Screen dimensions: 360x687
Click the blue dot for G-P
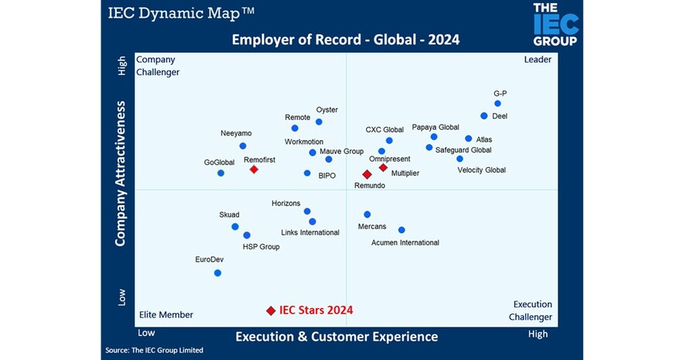coord(497,103)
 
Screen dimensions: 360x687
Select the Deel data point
coord(484,116)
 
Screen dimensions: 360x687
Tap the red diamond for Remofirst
coord(254,170)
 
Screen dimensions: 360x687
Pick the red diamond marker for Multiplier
coord(383,167)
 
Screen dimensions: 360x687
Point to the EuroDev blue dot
coord(217,273)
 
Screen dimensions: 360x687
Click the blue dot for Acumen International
coord(402,230)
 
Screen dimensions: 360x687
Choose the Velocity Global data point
coord(460,159)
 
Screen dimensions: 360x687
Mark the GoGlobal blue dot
coord(221,173)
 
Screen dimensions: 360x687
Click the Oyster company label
coord(326,110)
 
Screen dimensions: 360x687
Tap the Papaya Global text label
coord(435,127)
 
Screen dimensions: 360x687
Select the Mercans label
coord(372,227)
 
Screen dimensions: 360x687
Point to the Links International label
coord(309,232)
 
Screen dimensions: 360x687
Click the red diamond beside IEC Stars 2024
coord(271,310)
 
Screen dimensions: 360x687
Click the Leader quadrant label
coord(538,60)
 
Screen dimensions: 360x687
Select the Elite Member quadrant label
coord(166,314)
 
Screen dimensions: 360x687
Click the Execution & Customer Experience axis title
coord(337,336)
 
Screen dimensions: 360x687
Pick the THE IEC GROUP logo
coord(555,25)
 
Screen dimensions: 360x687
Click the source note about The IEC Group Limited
coord(154,351)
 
